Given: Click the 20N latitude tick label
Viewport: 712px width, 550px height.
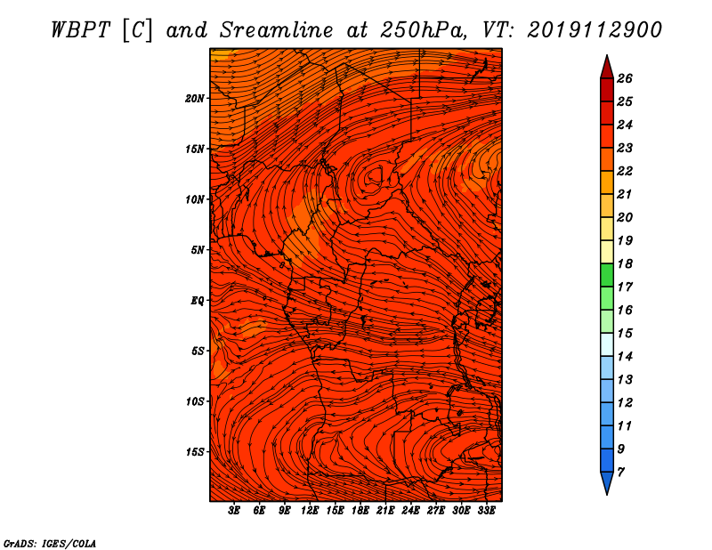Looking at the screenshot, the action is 195,99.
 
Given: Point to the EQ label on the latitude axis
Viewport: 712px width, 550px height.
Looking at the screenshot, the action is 197,301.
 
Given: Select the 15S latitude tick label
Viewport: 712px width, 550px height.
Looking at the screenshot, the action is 195,452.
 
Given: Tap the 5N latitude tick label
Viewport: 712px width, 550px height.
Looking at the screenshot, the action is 198,250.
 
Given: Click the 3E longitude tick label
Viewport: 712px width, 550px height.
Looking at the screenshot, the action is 234,511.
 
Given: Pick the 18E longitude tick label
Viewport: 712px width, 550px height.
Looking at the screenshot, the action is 360,511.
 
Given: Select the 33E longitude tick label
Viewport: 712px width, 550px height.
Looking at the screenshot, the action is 486,511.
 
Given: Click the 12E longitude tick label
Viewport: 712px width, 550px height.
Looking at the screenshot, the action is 310,511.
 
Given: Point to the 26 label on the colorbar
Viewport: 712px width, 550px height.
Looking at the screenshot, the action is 625,78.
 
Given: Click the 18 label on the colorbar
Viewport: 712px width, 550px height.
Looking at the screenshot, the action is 625,263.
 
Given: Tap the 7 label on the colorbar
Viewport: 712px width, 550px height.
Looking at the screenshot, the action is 621,472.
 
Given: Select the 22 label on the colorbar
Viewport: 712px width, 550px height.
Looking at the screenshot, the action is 625,171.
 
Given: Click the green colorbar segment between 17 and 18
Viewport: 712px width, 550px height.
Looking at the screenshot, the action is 607,275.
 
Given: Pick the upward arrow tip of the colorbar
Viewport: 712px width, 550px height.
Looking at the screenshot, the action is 607,55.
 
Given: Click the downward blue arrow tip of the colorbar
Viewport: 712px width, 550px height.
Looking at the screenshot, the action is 607,495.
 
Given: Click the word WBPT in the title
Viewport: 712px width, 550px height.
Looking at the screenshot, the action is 81,30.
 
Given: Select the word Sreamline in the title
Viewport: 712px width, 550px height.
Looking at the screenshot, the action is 277,30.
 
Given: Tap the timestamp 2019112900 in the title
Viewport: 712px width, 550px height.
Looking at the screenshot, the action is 595,30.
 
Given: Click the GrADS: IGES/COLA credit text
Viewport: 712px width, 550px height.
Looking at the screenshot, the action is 49,543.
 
